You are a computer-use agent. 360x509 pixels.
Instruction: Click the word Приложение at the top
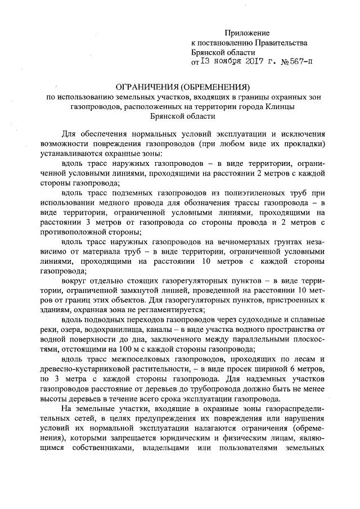247,34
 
